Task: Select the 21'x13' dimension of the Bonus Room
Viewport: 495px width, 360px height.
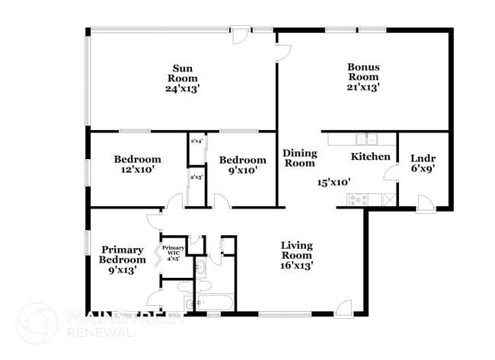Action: (363, 88)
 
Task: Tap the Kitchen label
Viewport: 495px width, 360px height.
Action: (370, 157)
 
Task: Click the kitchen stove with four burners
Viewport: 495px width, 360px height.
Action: (359, 199)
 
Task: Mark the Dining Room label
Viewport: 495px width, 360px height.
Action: (299, 158)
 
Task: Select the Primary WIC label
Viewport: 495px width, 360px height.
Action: (174, 252)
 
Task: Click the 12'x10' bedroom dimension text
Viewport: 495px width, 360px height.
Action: (137, 170)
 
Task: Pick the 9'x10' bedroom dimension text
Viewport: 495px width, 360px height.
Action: (242, 170)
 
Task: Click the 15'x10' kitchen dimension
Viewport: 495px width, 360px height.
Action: (334, 183)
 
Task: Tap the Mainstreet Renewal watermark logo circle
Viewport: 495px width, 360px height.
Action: (36, 323)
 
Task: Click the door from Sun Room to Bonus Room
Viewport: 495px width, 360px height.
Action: (282, 51)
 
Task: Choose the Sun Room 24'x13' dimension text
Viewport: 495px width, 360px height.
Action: (183, 88)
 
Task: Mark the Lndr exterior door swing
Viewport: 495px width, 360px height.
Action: (426, 202)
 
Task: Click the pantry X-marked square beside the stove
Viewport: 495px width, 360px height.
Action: (389, 199)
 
